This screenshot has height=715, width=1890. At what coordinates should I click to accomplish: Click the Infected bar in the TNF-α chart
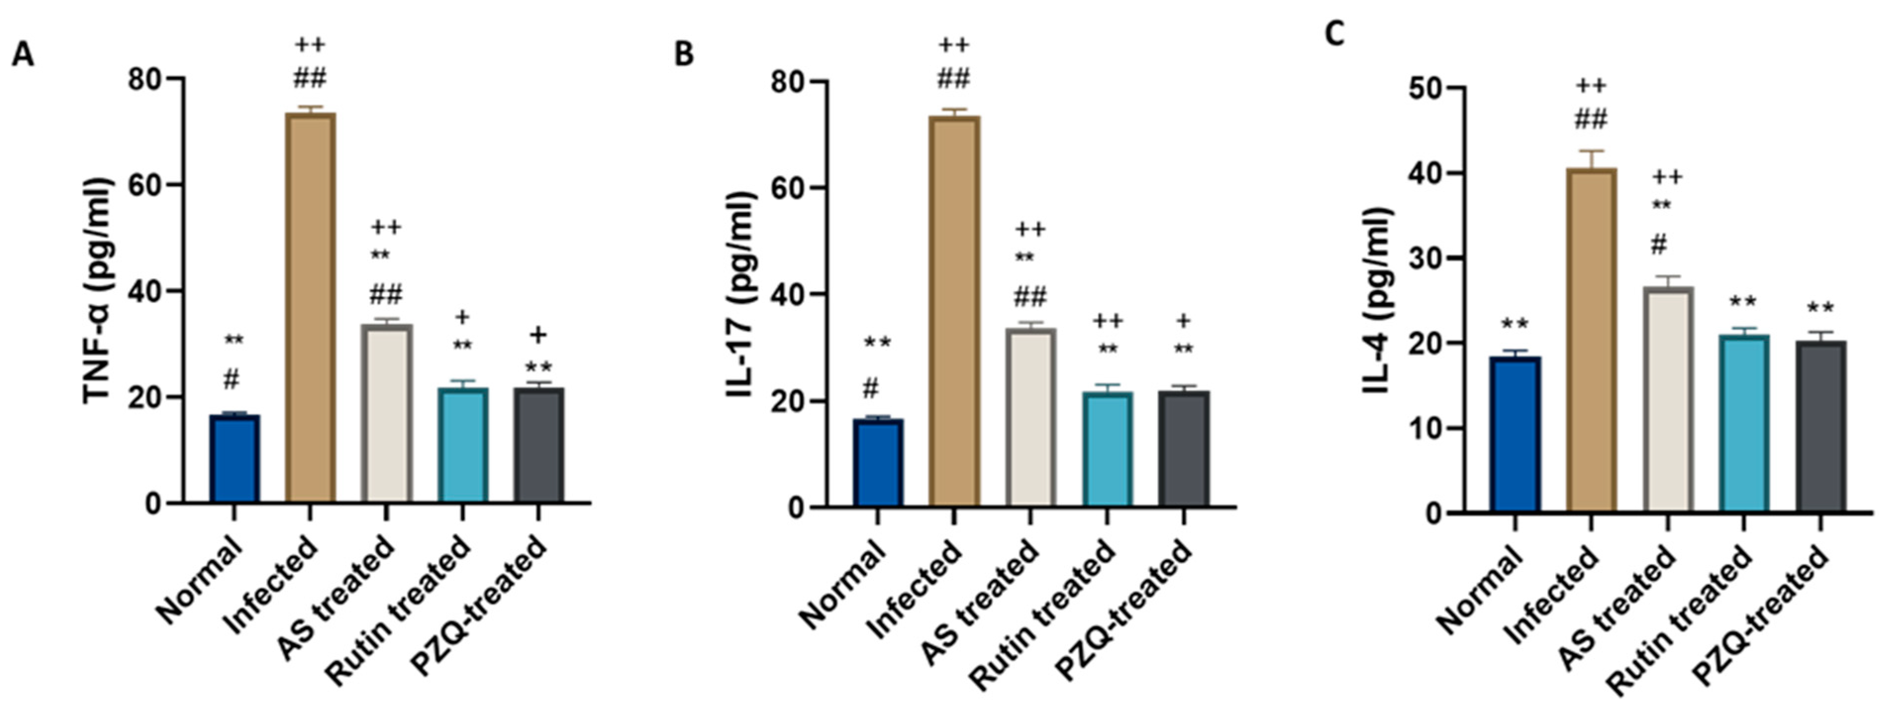tap(310, 308)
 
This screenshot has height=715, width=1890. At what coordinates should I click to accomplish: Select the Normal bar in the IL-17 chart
tap(877, 462)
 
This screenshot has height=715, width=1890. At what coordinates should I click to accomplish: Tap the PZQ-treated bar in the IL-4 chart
tap(1821, 426)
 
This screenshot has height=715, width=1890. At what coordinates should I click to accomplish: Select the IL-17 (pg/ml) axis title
tap(742, 294)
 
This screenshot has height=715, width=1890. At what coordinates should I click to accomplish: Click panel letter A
tap(23, 55)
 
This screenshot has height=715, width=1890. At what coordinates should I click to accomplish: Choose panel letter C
tap(1335, 33)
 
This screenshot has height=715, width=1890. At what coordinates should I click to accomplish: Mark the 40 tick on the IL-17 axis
tap(789, 295)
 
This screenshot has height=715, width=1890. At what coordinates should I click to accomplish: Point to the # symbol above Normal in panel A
tap(231, 379)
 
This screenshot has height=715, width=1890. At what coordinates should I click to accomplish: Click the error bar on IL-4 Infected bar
tap(1592, 158)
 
